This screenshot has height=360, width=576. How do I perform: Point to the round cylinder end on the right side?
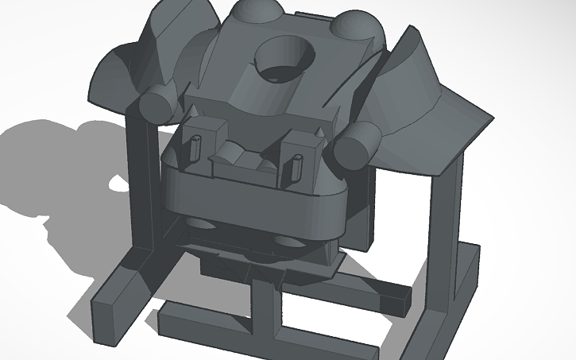(x=354, y=145)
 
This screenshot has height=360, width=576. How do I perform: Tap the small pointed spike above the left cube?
(x=193, y=106)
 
